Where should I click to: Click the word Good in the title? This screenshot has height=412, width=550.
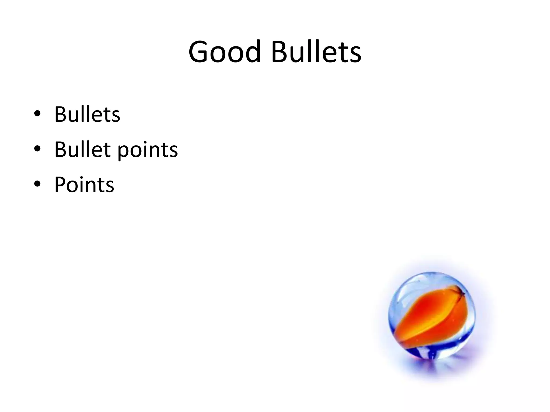tap(225, 51)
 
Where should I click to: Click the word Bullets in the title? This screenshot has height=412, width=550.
tap(316, 51)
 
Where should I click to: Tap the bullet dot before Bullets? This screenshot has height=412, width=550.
tap(37, 114)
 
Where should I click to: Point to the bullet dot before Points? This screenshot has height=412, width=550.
tap(37, 184)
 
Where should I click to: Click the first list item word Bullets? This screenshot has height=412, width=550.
tap(87, 114)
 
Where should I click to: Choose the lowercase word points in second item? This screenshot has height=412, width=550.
tap(148, 150)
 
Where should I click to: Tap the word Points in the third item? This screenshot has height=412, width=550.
tap(84, 185)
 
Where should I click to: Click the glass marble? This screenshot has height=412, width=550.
tap(432, 315)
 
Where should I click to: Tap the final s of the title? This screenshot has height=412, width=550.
tap(355, 54)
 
